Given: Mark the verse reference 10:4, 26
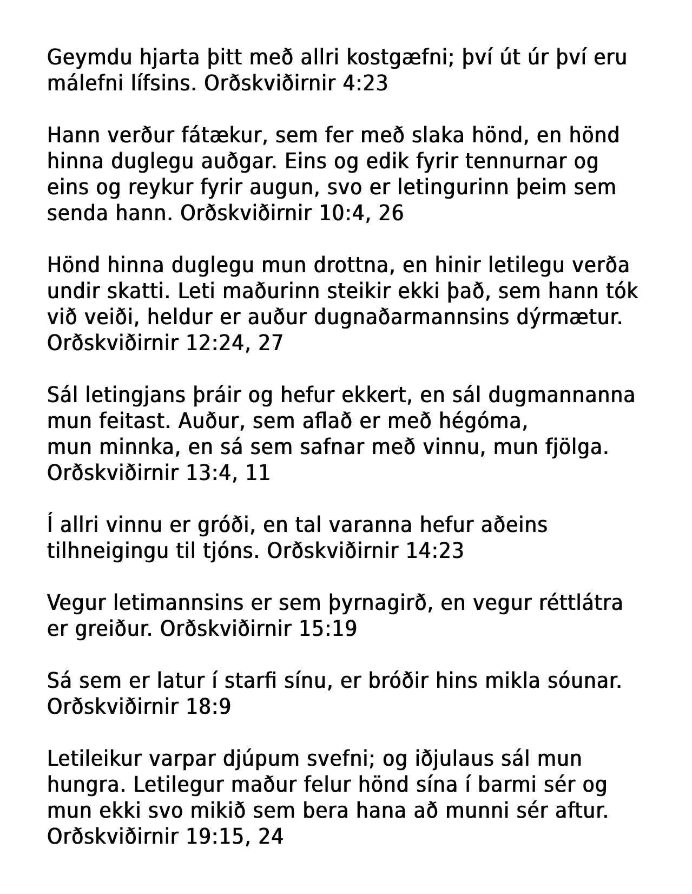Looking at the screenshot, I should coord(361,213).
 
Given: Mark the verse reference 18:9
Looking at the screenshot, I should coord(208,707).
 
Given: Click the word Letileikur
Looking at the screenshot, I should coord(94,759).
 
